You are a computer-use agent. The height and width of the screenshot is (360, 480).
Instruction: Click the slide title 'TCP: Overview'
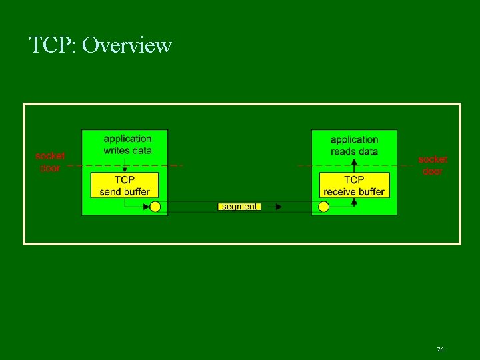[x=101, y=45]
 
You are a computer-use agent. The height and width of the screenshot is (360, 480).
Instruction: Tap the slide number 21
[x=441, y=349]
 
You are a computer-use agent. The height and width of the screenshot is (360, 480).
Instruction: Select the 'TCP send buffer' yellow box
[x=125, y=185]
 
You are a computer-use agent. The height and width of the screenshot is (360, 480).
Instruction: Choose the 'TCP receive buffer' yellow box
[x=353, y=185]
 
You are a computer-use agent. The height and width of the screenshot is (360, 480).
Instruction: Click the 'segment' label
[x=239, y=207]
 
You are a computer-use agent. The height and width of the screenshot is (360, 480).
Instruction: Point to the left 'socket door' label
[x=50, y=162]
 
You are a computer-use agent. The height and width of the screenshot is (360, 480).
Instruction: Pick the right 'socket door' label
[x=433, y=165]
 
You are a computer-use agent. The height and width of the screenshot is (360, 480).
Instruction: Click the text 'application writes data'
[x=127, y=145]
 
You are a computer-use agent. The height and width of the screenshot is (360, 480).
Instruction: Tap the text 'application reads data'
[x=354, y=145]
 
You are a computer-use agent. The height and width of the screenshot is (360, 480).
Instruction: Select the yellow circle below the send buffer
[x=155, y=207]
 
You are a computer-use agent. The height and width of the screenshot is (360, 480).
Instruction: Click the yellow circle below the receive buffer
[x=324, y=207]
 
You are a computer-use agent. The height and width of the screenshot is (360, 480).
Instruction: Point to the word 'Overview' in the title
[x=127, y=45]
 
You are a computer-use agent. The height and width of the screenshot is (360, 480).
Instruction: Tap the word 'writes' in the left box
[x=116, y=151]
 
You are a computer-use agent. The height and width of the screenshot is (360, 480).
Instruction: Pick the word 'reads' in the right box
[x=343, y=151]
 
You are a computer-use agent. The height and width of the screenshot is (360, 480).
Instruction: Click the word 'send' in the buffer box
[x=111, y=192]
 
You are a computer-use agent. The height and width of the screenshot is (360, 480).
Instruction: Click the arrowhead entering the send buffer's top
[x=125, y=169]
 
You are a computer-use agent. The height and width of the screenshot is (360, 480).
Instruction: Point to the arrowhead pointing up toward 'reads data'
[x=354, y=161]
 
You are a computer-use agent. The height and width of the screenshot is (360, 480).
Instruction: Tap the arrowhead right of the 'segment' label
[x=278, y=207]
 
